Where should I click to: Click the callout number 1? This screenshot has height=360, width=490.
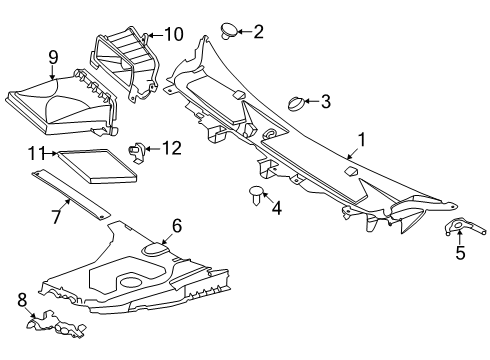361,140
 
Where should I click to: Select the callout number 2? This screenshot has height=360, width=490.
258,32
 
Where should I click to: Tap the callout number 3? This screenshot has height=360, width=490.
326,101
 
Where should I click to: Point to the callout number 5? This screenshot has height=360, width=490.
460,253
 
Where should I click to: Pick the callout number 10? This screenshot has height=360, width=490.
174,34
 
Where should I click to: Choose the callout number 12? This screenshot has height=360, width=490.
172,148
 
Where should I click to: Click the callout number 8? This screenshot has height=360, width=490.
22,300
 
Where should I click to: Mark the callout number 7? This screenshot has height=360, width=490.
56,216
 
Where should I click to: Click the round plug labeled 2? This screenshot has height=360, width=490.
230,31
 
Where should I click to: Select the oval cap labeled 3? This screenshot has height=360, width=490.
296,104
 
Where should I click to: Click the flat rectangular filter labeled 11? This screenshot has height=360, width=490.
97,166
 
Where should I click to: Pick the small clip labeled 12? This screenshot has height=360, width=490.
136,153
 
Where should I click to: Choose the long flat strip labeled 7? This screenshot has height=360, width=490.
71,195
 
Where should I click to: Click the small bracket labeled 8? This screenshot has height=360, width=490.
56,325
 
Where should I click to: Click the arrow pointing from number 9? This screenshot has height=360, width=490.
52,72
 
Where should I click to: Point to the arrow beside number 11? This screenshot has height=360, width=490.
51,153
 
